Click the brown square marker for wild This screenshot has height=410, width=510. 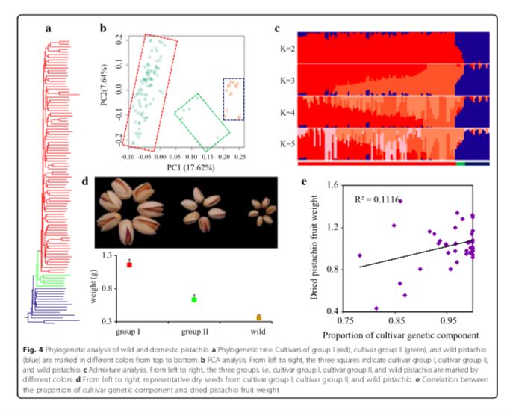tap(258, 317)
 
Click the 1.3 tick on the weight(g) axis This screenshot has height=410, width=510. tap(105, 255)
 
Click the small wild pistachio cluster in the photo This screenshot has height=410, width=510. tap(258, 211)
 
